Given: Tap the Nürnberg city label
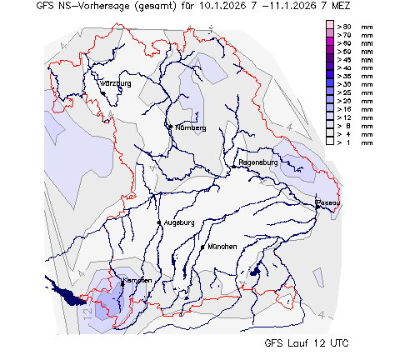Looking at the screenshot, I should click(x=189, y=127).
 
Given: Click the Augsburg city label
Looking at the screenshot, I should click(x=179, y=222).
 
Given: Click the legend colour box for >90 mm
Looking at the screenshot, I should click(x=330, y=27).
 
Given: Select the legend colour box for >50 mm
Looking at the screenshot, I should click(x=330, y=52).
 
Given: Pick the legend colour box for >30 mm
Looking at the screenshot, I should click(x=330, y=84).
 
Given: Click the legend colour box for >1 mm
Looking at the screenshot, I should click(x=330, y=142).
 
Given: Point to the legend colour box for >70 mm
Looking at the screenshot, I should click(x=330, y=36).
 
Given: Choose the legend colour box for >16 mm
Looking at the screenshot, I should click(x=330, y=109).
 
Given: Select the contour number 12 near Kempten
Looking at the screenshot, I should click(x=86, y=312).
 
